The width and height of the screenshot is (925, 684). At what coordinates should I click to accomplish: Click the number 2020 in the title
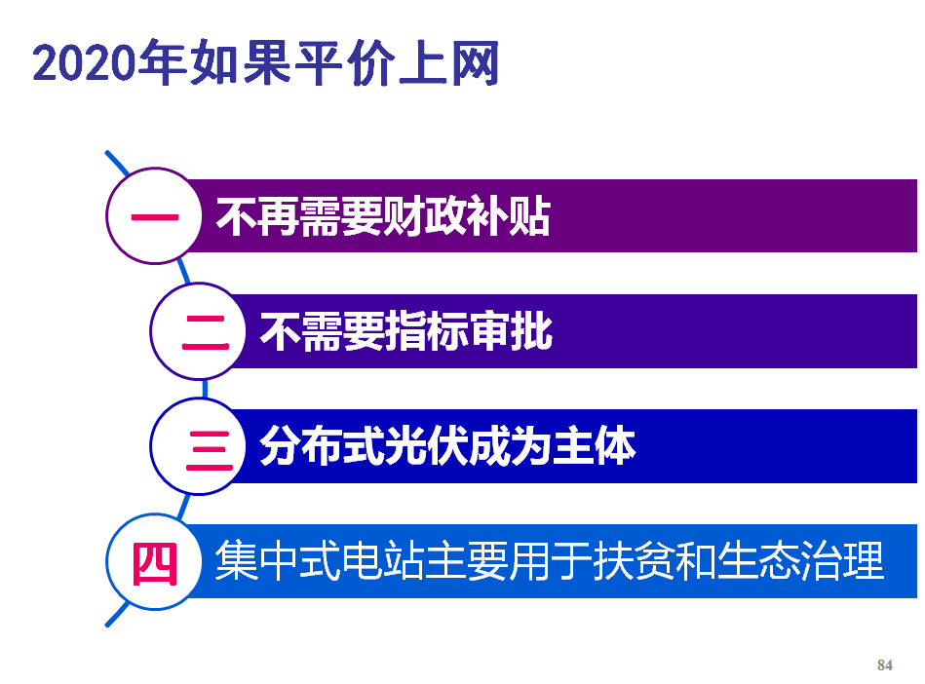click(x=85, y=62)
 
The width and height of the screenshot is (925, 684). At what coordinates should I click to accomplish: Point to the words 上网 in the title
click(x=449, y=62)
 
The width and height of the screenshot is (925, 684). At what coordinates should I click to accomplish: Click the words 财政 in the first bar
click(x=425, y=216)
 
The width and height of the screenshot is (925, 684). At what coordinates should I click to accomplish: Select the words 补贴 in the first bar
click(x=509, y=216)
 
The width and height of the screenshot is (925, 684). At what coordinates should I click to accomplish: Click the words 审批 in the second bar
click(x=512, y=331)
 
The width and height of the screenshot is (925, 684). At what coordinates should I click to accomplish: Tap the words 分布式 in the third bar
click(x=322, y=446)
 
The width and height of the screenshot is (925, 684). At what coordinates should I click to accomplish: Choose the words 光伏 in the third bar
click(x=426, y=446)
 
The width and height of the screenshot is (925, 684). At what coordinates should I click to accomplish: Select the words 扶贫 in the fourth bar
click(x=635, y=560)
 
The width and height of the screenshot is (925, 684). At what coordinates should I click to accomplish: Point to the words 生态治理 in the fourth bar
click(x=800, y=560)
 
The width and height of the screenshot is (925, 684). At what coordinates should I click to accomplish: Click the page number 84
click(x=885, y=665)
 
